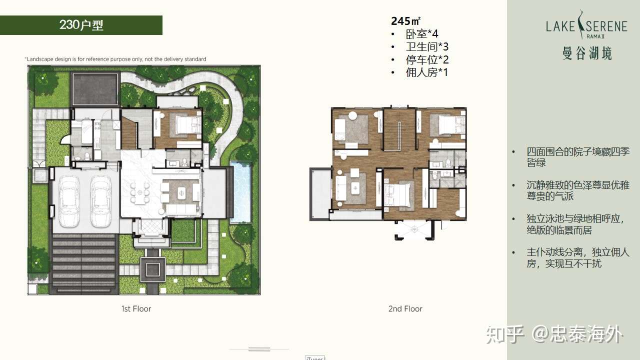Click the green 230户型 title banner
pyautogui.click(x=81, y=25)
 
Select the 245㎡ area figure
pyautogui.click(x=405, y=21)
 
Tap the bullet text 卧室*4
pyautogui.click(x=422, y=34)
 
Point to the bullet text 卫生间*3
pyautogui.click(x=427, y=46)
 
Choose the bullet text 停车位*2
pyautogui.click(x=427, y=59)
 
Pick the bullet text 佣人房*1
pyautogui.click(x=427, y=72)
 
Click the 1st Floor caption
pyautogui.click(x=136, y=309)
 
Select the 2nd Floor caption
pyautogui.click(x=405, y=309)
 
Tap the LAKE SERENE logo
pyautogui.click(x=586, y=25)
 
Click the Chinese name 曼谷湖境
pyautogui.click(x=587, y=53)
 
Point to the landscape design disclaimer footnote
pyautogui.click(x=115, y=59)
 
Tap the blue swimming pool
pyautogui.click(x=240, y=192)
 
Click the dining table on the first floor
pyautogui.click(x=139, y=192)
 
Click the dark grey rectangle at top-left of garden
pyautogui.click(x=95, y=89)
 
